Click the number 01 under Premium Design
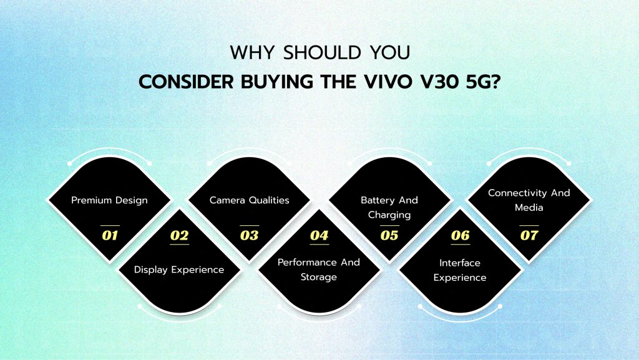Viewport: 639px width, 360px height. (109, 235)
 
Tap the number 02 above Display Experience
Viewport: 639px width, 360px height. (179, 235)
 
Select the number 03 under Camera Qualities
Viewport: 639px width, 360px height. (249, 235)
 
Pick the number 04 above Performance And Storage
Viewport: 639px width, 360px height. (319, 235)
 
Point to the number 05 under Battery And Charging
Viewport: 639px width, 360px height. (389, 235)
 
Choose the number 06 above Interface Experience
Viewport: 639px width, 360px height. (460, 235)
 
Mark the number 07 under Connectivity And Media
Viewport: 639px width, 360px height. (529, 235)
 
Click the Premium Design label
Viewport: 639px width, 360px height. (109, 200)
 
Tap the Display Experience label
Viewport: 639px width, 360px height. (179, 270)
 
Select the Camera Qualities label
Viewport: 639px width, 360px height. (249, 200)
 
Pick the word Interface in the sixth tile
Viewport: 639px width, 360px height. (460, 263)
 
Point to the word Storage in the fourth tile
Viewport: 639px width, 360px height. (319, 276)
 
